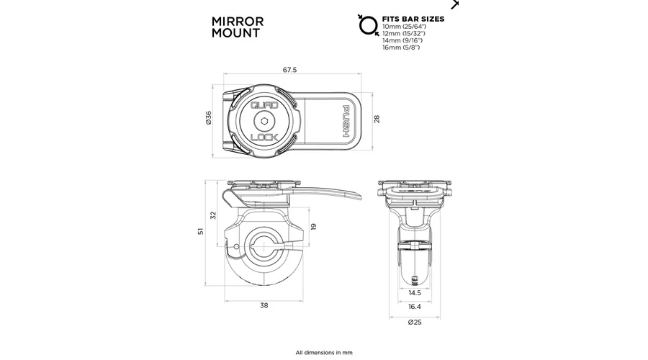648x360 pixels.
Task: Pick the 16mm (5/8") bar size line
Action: point(402,48)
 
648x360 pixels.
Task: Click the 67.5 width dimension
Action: point(290,70)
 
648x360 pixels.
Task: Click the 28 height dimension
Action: point(376,119)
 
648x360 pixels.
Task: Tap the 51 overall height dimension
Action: point(202,230)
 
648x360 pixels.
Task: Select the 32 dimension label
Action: point(212,215)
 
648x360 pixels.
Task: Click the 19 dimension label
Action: point(314,226)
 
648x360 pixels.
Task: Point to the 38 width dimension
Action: point(264,305)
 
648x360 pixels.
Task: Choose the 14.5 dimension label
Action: point(415,294)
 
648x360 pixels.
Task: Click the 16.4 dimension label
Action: point(415,307)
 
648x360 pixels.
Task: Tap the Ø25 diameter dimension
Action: point(415,321)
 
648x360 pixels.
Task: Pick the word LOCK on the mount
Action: point(264,137)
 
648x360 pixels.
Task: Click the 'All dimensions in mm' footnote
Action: point(324,353)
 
